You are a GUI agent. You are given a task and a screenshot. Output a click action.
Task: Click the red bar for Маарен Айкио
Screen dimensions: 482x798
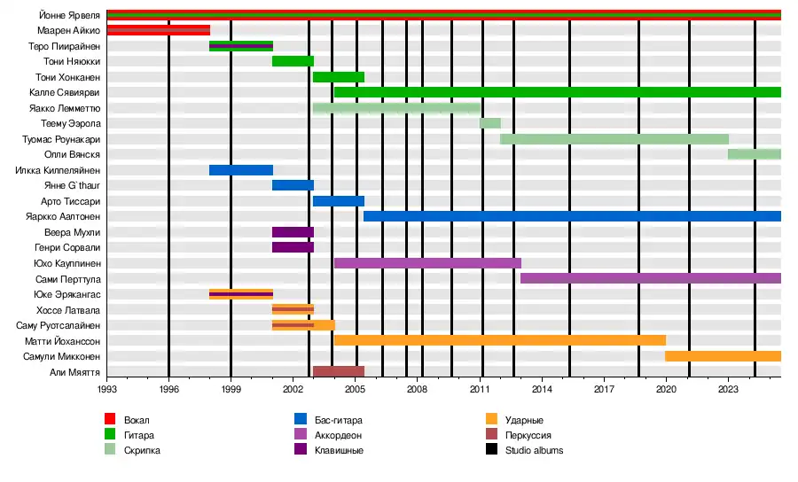[x=158, y=30]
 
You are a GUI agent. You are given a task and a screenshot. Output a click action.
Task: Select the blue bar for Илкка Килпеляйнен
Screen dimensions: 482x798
[x=240, y=170]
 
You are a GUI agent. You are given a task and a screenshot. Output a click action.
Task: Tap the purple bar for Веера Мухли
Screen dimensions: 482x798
[x=293, y=232]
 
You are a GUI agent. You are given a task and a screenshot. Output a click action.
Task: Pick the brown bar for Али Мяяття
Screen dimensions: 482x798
[x=338, y=371]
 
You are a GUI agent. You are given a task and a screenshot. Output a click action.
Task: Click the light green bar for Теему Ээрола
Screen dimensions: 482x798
[x=490, y=123]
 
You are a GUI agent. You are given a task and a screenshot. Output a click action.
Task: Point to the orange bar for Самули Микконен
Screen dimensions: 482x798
[x=723, y=356]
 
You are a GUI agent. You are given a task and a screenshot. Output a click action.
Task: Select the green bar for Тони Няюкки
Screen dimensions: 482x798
[x=293, y=61]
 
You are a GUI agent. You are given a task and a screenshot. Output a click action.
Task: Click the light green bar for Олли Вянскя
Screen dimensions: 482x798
[x=754, y=154]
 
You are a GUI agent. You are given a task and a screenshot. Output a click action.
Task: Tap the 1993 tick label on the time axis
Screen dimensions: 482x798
[x=107, y=389]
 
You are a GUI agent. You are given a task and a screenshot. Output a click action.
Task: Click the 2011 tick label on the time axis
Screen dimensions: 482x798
[x=480, y=389]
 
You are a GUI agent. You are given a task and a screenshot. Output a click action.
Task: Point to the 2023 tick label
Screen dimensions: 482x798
[x=729, y=389]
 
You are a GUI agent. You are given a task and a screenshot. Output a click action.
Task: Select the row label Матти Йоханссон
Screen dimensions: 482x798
[x=63, y=340]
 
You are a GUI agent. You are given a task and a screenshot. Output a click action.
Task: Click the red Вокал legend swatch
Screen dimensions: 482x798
[x=110, y=419]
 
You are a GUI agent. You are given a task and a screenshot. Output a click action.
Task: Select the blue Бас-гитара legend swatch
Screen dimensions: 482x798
[x=300, y=419]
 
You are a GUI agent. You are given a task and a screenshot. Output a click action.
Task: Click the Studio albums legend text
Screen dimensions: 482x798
[x=534, y=450]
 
